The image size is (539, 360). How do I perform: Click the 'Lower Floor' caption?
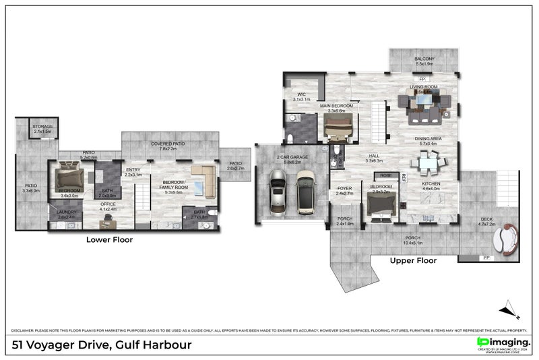pos(109,239)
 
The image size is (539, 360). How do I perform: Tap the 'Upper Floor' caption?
pos(413,260)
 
